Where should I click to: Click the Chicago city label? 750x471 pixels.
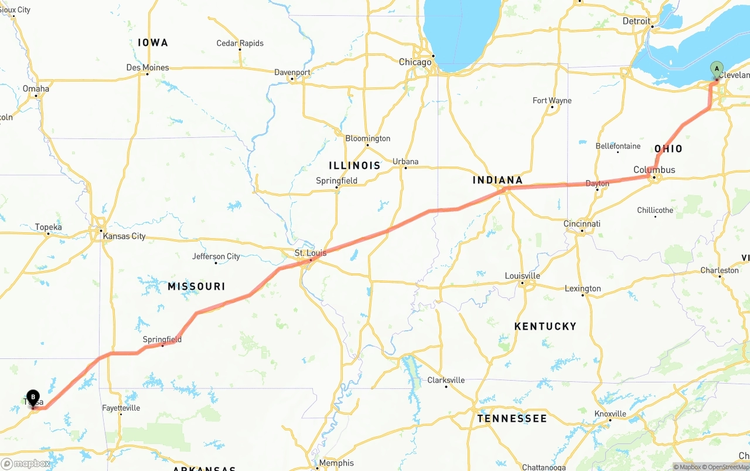tap(415, 62)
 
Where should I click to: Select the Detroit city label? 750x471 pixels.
tap(636, 21)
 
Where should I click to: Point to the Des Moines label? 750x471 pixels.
tap(148, 67)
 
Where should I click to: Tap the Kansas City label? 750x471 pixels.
tap(123, 236)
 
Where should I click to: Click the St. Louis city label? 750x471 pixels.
tap(311, 253)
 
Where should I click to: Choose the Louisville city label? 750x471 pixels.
tap(523, 276)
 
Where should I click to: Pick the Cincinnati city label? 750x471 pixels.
tap(582, 223)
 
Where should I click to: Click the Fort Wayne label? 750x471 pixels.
tap(552, 100)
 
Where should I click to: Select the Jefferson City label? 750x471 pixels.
tap(216, 256)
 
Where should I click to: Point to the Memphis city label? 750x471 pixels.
tap(336, 463)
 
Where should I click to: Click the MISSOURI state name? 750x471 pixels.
tap(196, 286)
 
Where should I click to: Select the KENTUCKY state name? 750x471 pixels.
tap(545, 326)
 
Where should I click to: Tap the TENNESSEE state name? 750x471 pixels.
tap(512, 418)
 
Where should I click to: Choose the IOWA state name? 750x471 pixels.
tap(153, 42)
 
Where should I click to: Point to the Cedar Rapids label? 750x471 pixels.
tap(240, 43)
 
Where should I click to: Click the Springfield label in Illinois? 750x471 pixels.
tap(336, 181)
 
